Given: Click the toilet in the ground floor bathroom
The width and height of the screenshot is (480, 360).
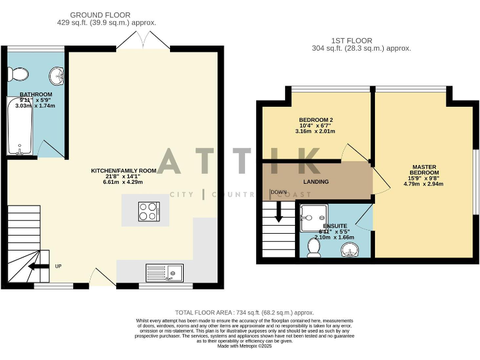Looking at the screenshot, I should pyautogui.click(x=18, y=75).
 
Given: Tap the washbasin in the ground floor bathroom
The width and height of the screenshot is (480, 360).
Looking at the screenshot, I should pyautogui.click(x=57, y=76).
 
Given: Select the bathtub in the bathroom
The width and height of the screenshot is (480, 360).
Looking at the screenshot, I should pyautogui.click(x=19, y=126).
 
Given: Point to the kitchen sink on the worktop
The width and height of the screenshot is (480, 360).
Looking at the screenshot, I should pyautogui.click(x=164, y=272).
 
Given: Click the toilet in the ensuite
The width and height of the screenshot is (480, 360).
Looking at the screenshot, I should pyautogui.click(x=314, y=248).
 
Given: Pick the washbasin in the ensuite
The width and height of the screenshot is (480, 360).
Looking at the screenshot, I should pyautogui.click(x=352, y=249).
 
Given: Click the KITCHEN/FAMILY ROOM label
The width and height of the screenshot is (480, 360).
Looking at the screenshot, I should pyautogui.click(x=123, y=171).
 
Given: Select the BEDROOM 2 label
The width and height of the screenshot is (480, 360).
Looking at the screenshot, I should pyautogui.click(x=316, y=120).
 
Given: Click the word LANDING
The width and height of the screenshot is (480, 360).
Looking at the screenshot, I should pyautogui.click(x=316, y=182).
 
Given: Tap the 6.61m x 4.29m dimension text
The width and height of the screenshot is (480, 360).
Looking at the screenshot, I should pyautogui.click(x=123, y=182).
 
